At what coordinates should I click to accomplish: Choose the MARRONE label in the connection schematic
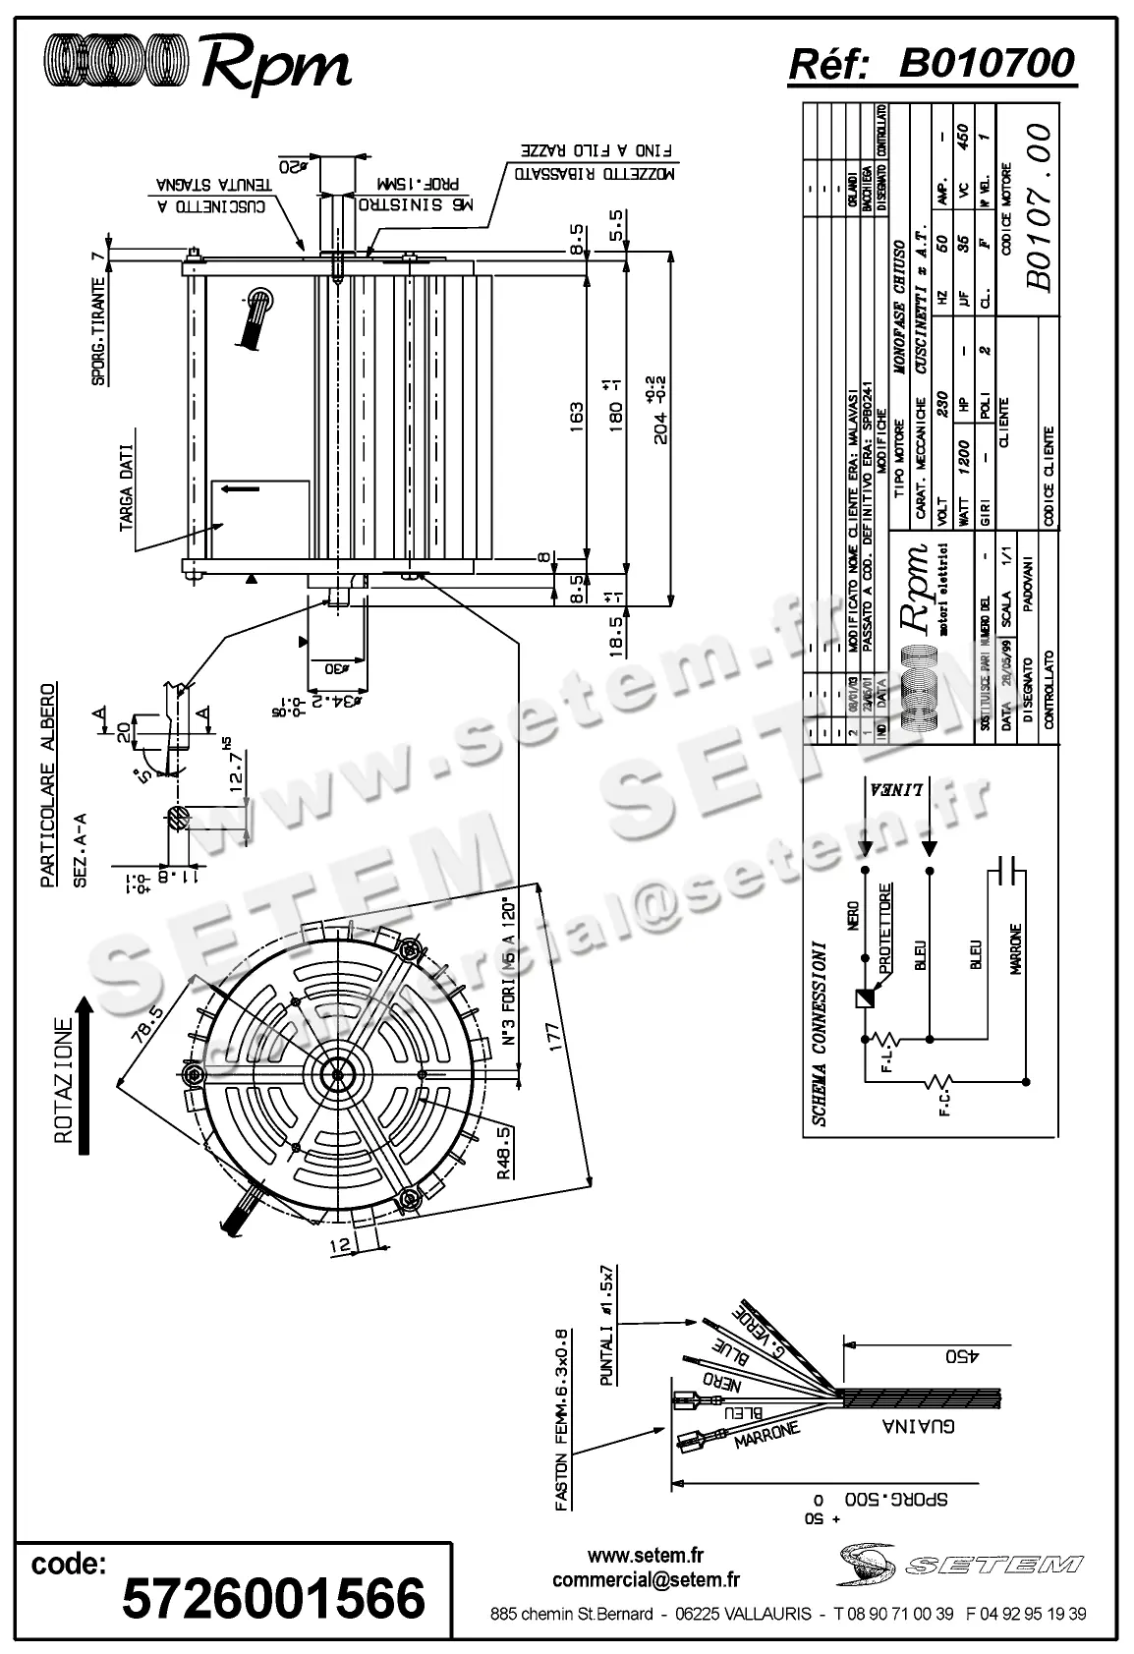pos(1015,948)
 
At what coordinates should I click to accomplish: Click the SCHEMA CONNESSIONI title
pos(819,1034)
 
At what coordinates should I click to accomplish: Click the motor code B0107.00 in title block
pos(1040,207)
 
